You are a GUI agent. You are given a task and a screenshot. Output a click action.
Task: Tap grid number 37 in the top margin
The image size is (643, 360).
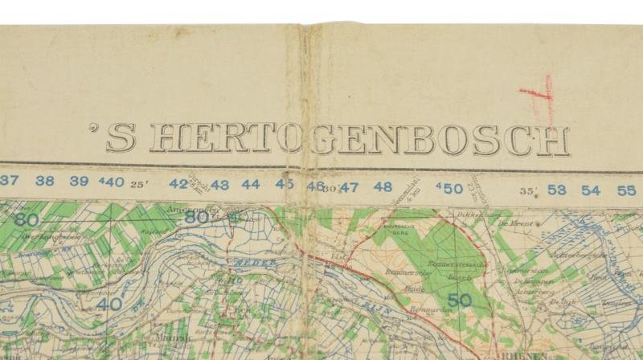tap(10, 181)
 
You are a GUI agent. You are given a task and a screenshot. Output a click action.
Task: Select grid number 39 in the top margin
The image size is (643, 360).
tap(78, 182)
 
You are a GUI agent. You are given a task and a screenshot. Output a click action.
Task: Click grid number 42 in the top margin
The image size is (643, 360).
tap(179, 184)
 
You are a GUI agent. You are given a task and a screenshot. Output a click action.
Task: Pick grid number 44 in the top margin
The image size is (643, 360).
tap(251, 185)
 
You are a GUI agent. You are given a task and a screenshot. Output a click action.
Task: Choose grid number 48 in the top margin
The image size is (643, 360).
tap(383, 187)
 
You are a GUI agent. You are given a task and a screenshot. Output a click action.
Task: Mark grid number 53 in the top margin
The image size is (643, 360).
tap(557, 190)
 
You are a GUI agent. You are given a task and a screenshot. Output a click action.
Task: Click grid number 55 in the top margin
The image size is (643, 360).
tap(626, 190)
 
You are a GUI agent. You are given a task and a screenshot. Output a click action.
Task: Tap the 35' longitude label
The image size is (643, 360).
tap(527, 191)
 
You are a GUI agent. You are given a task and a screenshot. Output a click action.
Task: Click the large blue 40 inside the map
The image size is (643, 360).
tap(113, 304)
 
